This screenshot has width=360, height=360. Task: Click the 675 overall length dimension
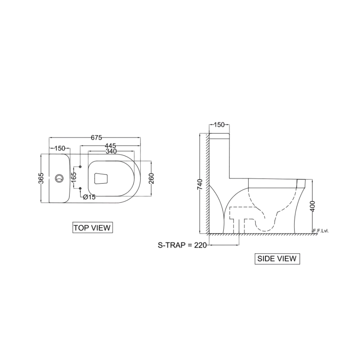[96, 137]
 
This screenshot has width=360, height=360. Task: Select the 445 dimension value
[110, 146]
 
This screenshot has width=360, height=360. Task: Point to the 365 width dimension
[41, 178]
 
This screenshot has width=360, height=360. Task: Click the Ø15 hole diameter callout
[89, 197]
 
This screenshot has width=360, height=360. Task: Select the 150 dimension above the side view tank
[220, 125]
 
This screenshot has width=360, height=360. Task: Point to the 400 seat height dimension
[313, 206]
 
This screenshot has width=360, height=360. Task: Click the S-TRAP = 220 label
[182, 245]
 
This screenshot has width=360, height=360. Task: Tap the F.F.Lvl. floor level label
[321, 231]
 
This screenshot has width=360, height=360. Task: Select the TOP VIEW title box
[92, 227]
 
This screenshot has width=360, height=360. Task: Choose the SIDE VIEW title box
[277, 259]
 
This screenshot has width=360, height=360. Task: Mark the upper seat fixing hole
[81, 167]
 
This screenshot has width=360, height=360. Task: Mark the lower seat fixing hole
[81, 188]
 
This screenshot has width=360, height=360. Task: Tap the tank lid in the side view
[220, 135]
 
